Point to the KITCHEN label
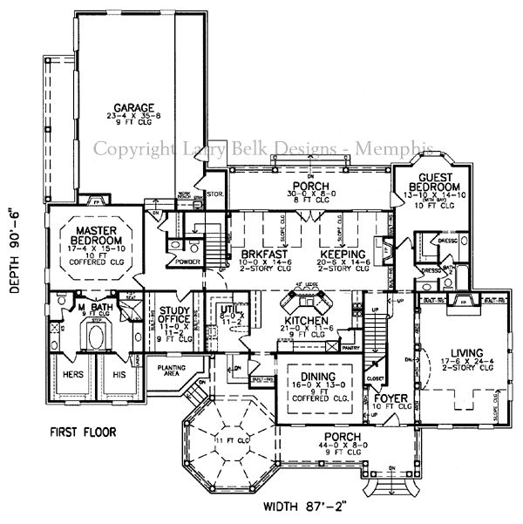(x=305, y=322)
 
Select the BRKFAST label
(x=261, y=255)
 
